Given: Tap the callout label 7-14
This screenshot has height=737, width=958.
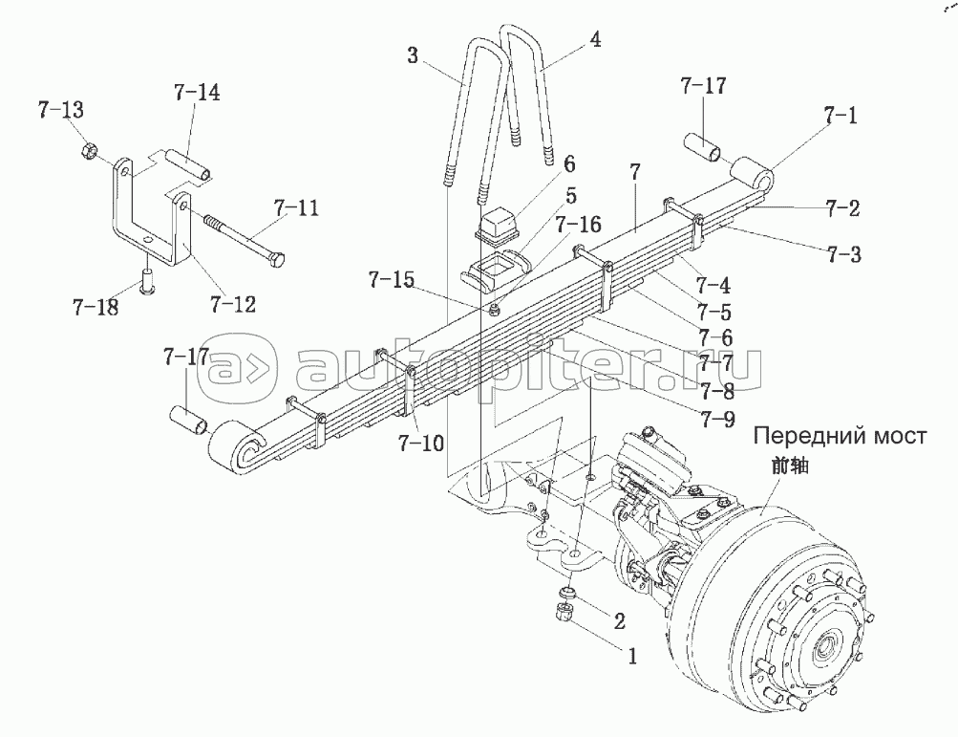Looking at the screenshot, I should click(x=197, y=94).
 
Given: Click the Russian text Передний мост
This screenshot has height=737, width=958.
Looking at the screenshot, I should click(x=839, y=438).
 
